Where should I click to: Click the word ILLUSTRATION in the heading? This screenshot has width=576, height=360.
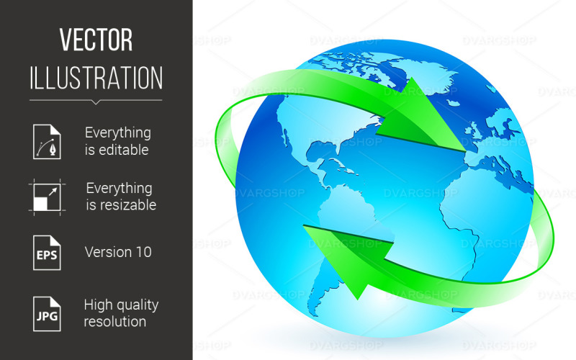tap(96, 77)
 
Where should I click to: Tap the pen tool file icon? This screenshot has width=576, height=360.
tap(47, 141)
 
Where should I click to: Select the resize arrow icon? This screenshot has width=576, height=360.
tap(48, 197)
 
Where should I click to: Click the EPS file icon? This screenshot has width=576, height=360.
tap(47, 252)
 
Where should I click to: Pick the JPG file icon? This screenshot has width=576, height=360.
tap(47, 312)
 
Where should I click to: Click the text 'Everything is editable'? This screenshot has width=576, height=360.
tap(118, 141)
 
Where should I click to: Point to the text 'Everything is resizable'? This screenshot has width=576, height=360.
tap(119, 197)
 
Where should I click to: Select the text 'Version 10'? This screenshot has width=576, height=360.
tap(118, 252)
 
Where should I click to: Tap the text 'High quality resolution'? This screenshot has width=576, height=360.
tap(120, 312)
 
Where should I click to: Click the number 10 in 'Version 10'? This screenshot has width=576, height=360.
tap(142, 252)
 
